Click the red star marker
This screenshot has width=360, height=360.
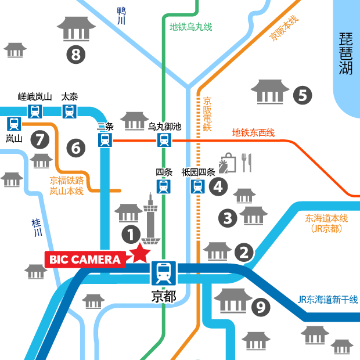pyautogui.click(x=139, y=253)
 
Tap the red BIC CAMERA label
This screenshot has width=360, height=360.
pyautogui.click(x=85, y=260)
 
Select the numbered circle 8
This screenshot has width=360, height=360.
pyautogui.click(x=75, y=55)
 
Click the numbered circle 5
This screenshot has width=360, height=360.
pyautogui.click(x=302, y=95)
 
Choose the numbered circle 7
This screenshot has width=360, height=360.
pyautogui.click(x=39, y=139)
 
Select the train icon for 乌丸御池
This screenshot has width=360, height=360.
pyautogui.click(x=164, y=139)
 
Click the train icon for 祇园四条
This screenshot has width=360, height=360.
pyautogui.click(x=198, y=186)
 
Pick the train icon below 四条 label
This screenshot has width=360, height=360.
pyautogui.click(x=164, y=186)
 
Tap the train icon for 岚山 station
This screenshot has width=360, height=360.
pyautogui.click(x=14, y=123)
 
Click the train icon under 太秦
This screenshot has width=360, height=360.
pyautogui.click(x=70, y=111)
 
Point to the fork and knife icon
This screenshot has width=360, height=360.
pyautogui.click(x=246, y=163)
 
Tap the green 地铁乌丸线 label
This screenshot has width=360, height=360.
pyautogui.click(x=190, y=27)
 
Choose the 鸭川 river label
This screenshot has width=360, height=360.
pyautogui.click(x=121, y=15)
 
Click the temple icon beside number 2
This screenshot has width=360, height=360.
pyautogui.click(x=218, y=251)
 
